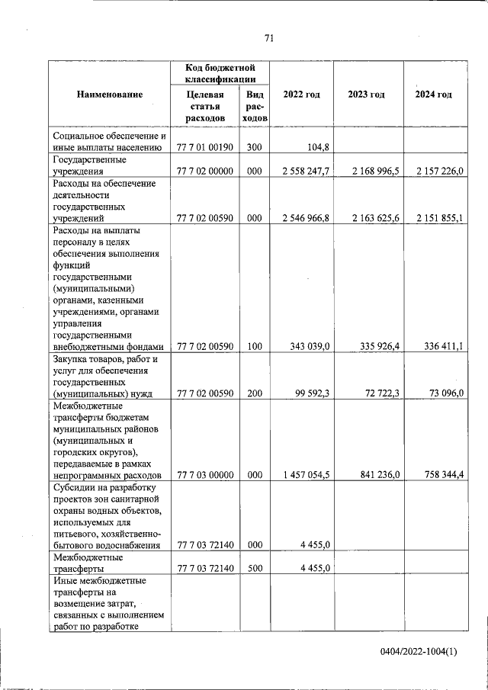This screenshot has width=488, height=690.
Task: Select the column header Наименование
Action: point(109,94)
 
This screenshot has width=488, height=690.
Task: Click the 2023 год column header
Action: point(366,94)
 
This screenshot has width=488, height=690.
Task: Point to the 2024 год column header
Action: point(433,94)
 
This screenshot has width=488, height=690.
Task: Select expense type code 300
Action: point(254,148)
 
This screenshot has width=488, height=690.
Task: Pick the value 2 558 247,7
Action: point(305,172)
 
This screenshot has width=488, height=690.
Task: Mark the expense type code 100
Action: point(254,347)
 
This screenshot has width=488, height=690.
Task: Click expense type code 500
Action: point(254,568)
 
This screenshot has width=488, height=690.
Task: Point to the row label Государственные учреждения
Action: point(88,166)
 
